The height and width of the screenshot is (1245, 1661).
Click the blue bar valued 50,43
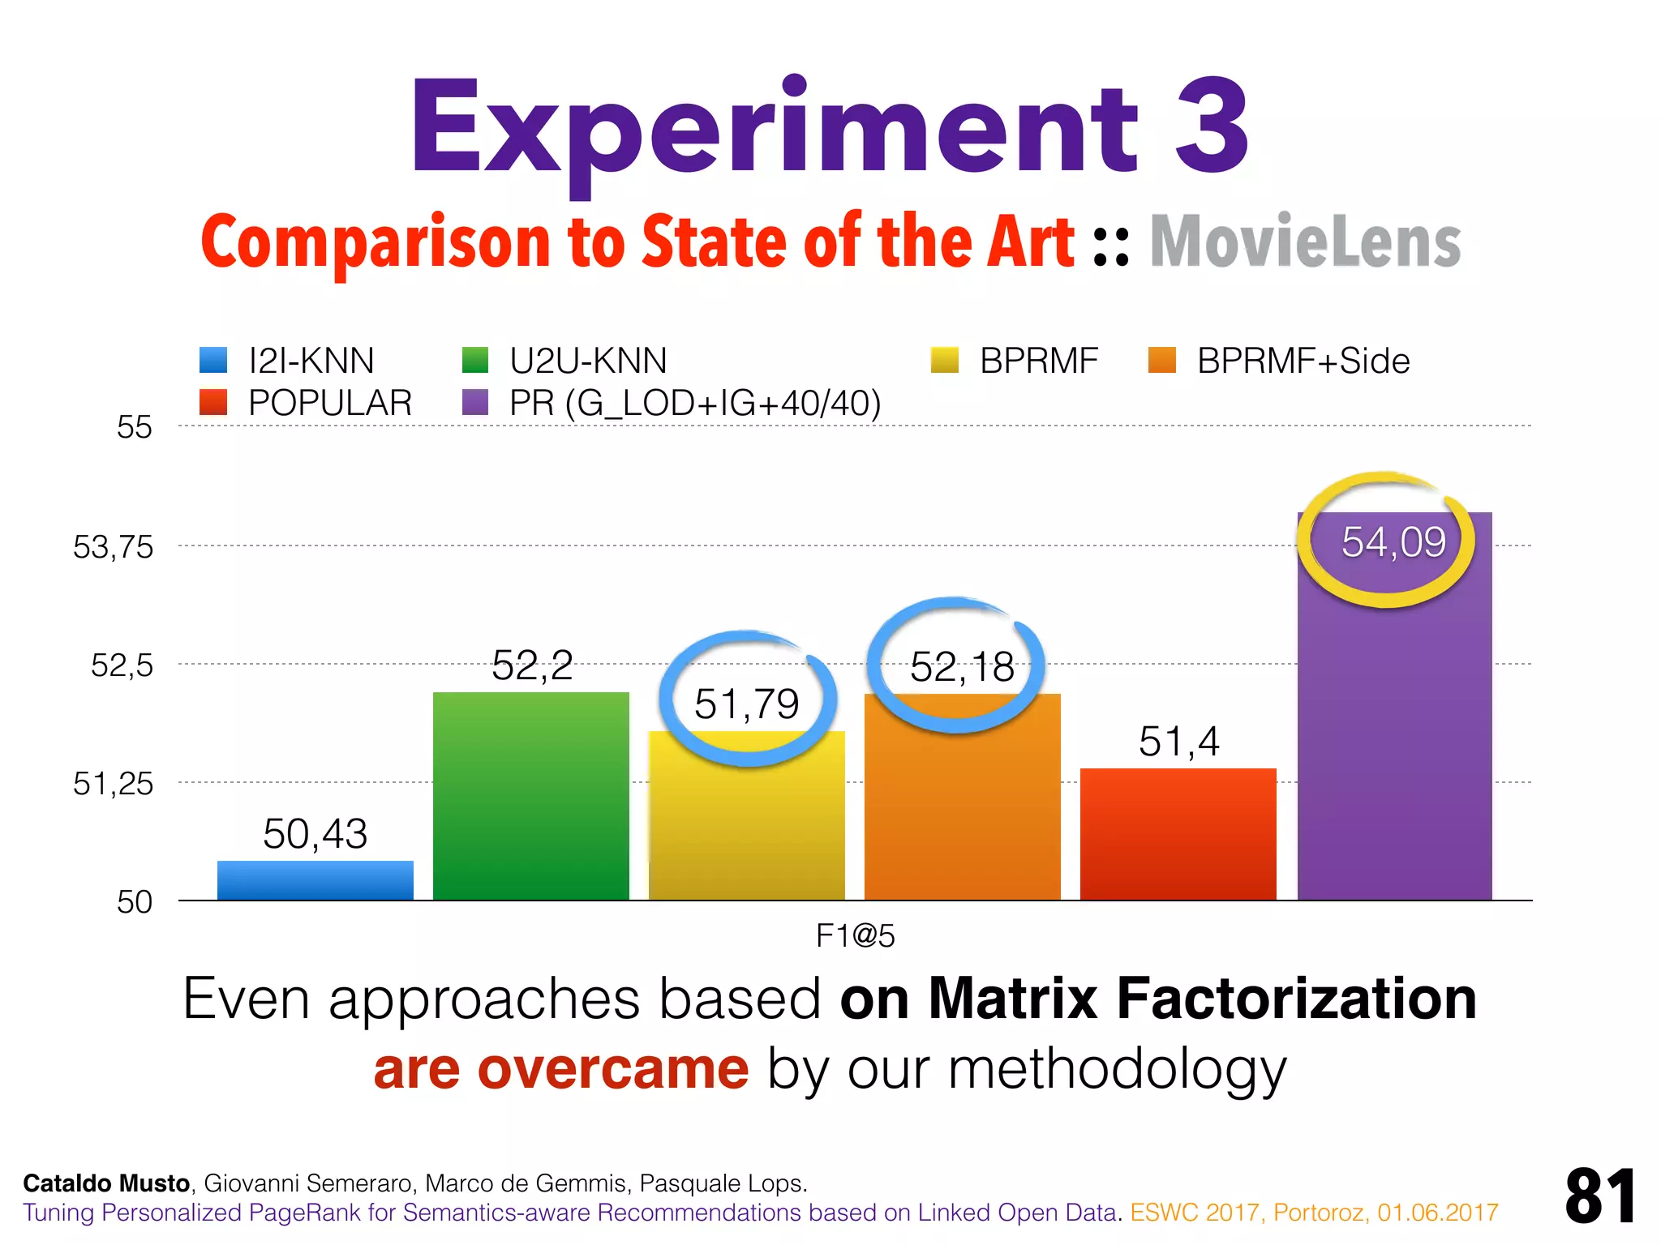(x=315, y=880)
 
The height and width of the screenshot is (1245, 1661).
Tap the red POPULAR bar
(x=1178, y=834)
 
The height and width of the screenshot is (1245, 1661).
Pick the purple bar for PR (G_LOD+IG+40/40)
(x=1394, y=729)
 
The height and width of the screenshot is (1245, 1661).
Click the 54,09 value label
(x=1393, y=542)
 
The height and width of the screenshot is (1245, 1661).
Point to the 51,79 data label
(x=746, y=704)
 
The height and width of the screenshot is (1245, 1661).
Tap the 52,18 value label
(x=962, y=667)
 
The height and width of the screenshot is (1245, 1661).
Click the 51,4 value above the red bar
(x=1178, y=741)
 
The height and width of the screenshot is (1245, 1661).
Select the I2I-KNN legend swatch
(x=213, y=360)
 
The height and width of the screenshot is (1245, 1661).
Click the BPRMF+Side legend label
(x=1303, y=361)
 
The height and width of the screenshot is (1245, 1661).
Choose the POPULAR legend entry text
(x=330, y=403)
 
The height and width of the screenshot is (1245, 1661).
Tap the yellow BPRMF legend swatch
(x=945, y=360)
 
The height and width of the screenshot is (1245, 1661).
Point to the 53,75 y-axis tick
(x=113, y=547)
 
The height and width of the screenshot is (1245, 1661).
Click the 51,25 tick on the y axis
(x=113, y=784)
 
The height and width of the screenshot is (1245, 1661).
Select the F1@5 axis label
(x=855, y=936)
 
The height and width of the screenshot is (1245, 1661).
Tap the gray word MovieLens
(x=1305, y=242)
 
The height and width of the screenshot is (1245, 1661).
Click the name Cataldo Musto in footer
(x=106, y=1183)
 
